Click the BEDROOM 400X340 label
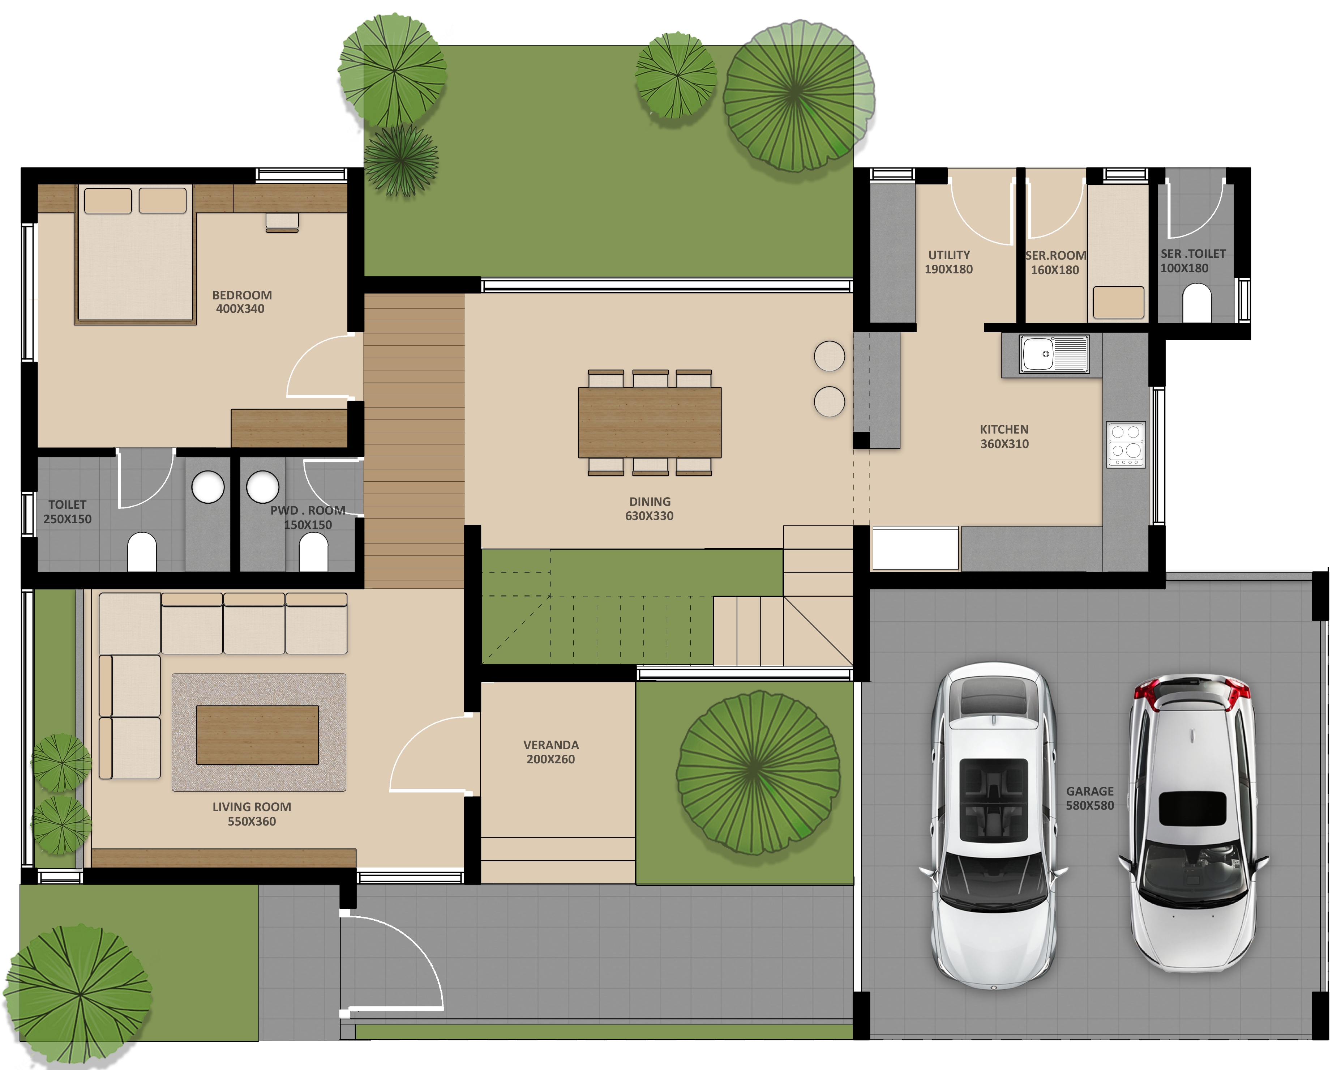tap(241, 302)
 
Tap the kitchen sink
tap(1054, 354)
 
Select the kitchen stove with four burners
tap(1126, 444)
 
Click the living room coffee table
tap(257, 735)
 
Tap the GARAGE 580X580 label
tap(1090, 798)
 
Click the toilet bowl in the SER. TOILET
tap(1197, 303)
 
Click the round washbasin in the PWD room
tap(262, 486)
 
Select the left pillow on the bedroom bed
tap(108, 200)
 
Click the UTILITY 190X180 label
tap(948, 262)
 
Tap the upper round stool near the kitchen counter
tap(829, 356)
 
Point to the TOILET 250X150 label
tap(67, 511)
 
